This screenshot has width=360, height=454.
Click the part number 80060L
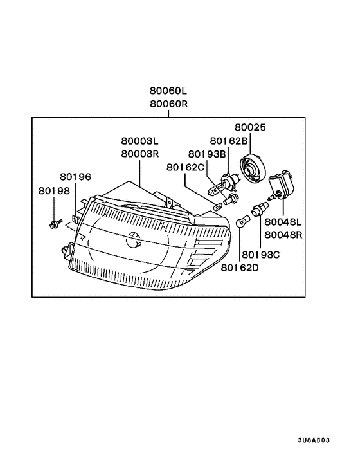click(168, 91)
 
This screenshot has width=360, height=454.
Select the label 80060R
click(168, 104)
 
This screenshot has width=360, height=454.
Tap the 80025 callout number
click(250, 127)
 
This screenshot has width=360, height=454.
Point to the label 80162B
click(229, 141)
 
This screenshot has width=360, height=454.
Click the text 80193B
click(207, 154)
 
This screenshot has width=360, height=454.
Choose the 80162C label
click(186, 167)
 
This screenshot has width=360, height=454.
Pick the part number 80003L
click(139, 141)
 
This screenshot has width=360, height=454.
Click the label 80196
click(75, 177)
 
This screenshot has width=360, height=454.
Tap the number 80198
click(55, 191)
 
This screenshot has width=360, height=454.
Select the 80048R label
click(283, 235)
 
